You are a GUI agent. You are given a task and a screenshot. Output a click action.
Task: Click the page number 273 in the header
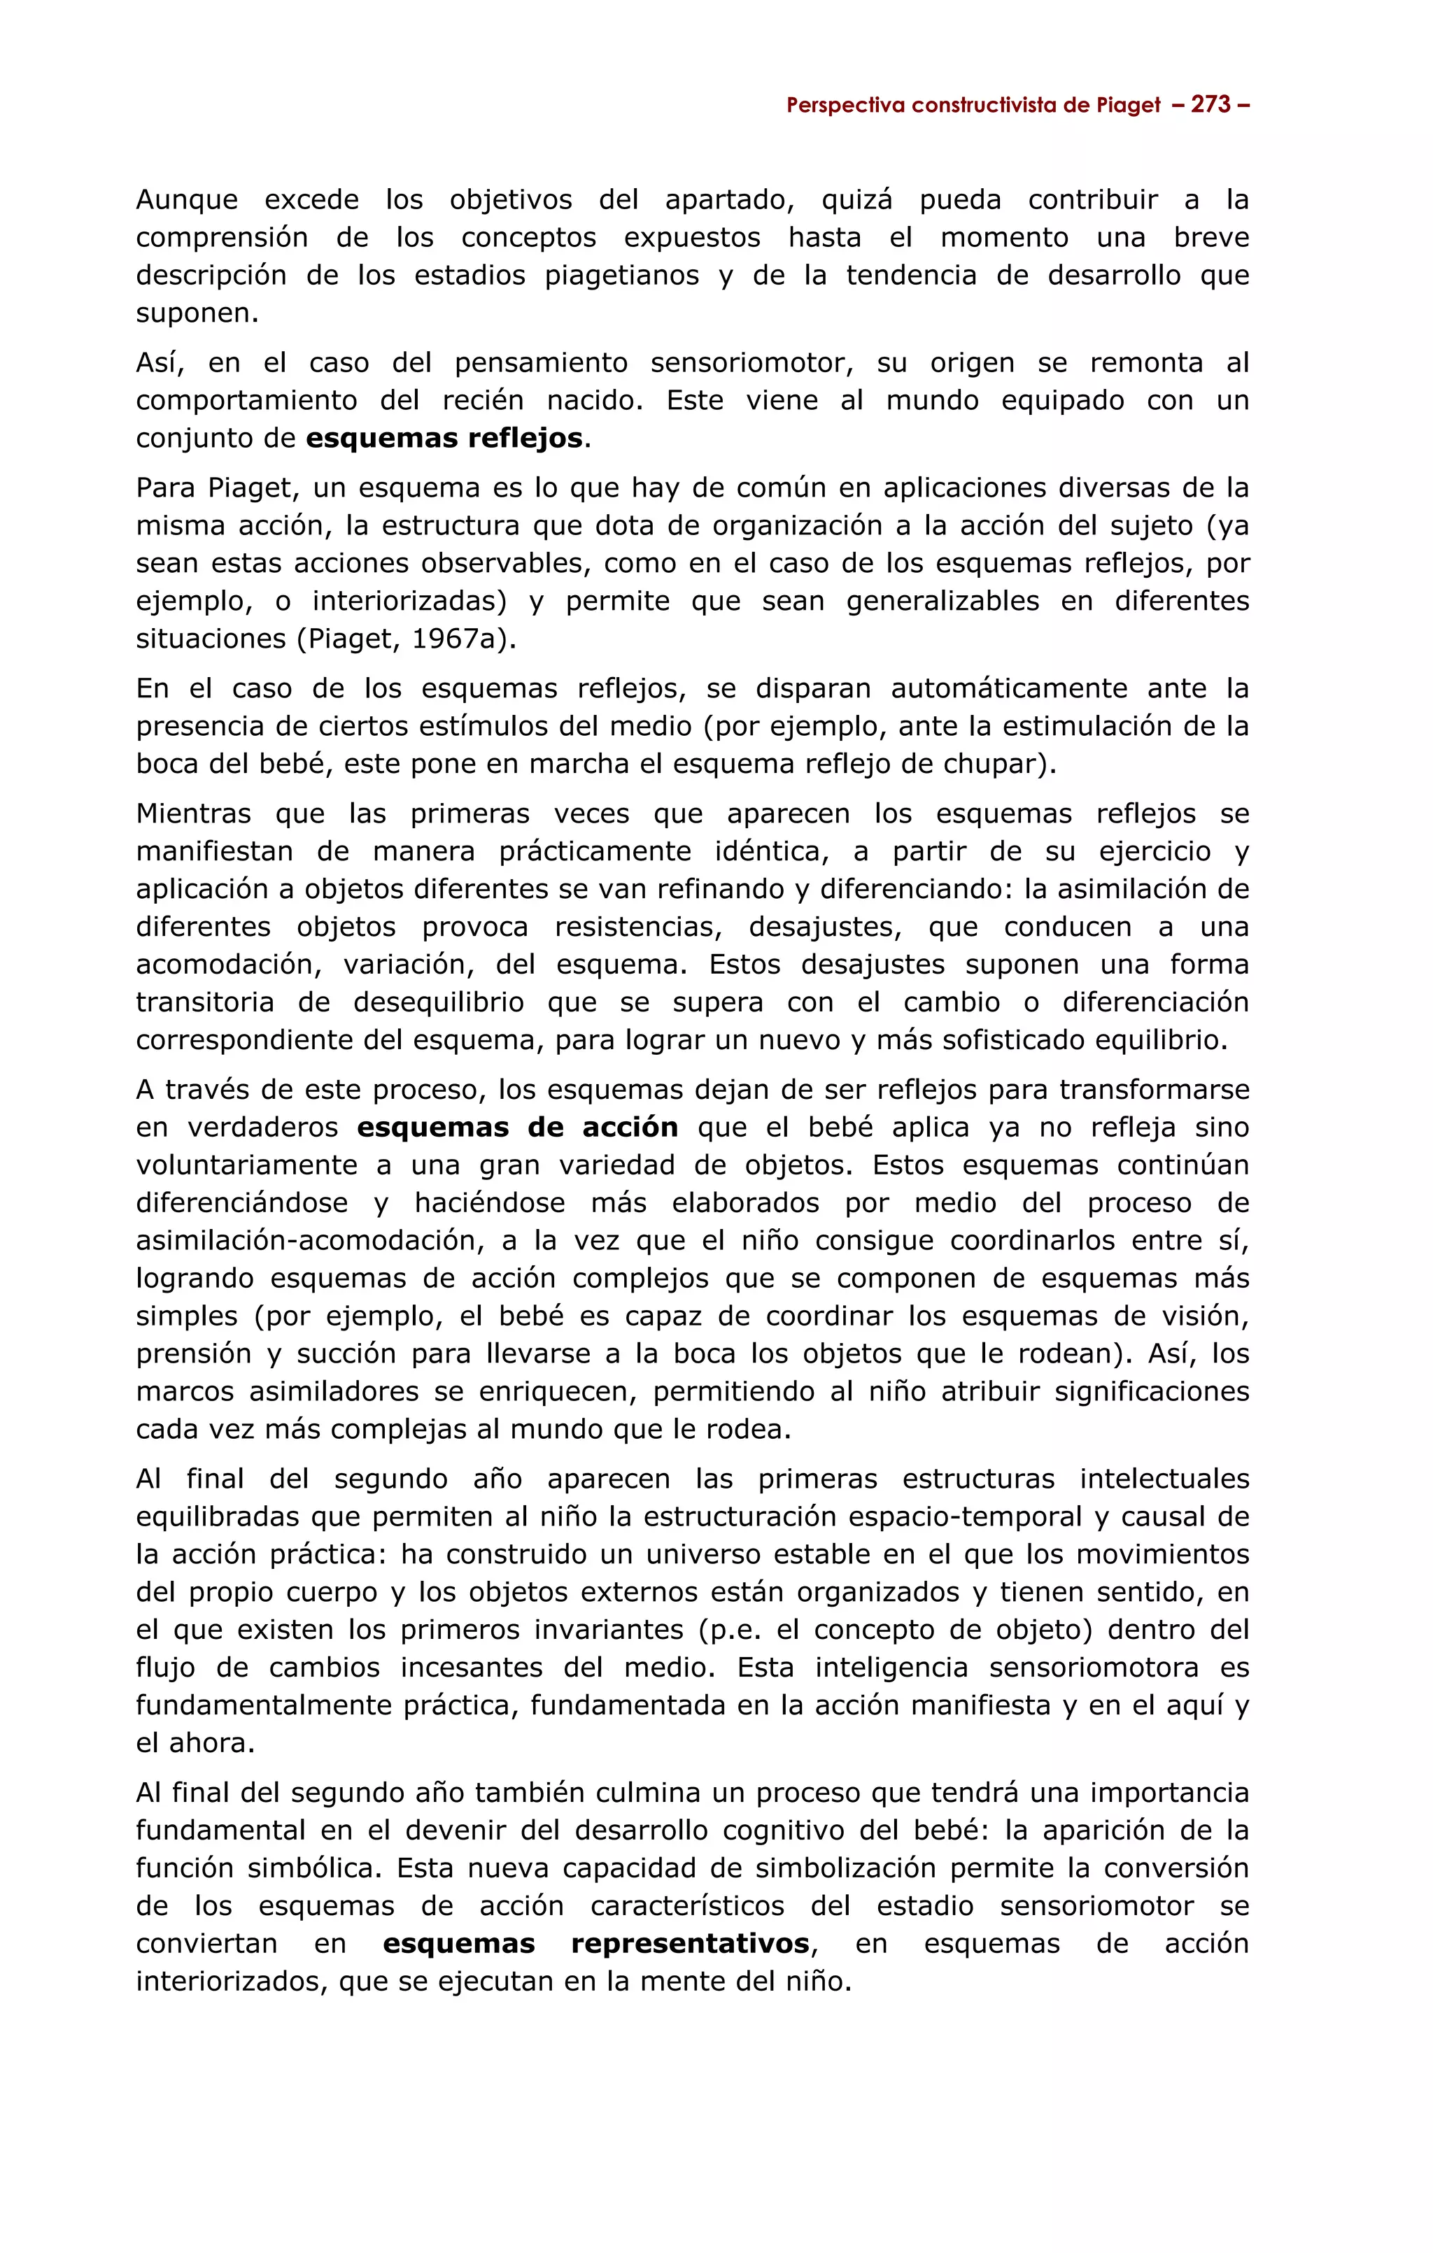[x=1212, y=105]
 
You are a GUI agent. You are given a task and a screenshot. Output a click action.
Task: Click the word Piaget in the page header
[x=1129, y=106]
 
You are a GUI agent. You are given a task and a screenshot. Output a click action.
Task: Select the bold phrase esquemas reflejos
[x=444, y=439]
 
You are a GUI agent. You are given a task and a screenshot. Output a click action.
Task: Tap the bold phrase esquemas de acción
[x=518, y=1128]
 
